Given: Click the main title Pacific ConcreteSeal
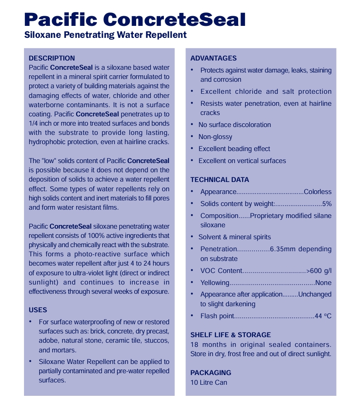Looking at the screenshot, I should (x=134, y=19).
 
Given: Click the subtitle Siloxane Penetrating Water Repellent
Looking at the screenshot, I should (x=105, y=35).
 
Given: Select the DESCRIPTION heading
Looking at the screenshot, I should (x=52, y=58).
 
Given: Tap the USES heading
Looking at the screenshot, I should (x=38, y=310).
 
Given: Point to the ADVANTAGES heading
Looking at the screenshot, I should (x=213, y=58).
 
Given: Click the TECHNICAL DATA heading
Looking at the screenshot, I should (x=219, y=180).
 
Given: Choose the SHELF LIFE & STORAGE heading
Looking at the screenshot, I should (x=230, y=335).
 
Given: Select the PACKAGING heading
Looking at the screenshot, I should (x=210, y=373).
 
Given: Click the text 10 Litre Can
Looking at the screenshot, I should (x=209, y=382).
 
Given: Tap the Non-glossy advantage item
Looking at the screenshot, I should (x=215, y=137).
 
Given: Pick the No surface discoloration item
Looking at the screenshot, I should (x=234, y=125).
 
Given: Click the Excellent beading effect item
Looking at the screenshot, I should (x=234, y=149).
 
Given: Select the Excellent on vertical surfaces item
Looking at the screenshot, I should (x=242, y=161).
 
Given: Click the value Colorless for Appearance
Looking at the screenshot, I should (x=318, y=192).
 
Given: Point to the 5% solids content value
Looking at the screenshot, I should (x=327, y=204).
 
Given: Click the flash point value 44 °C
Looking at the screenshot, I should (x=323, y=316).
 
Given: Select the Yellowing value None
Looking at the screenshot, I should (x=323, y=283).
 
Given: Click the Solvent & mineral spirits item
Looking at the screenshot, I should (x=234, y=237).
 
